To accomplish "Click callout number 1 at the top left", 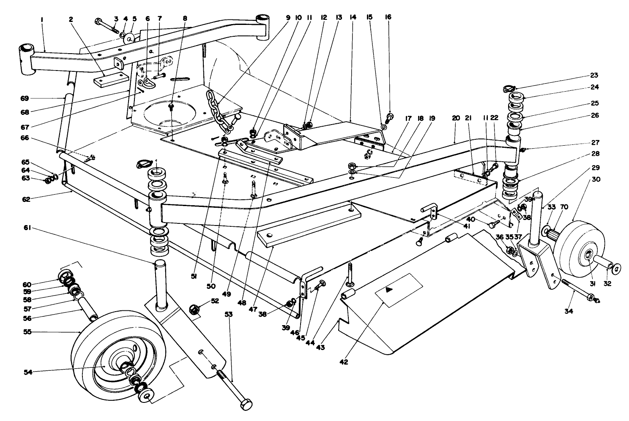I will click(42, 19).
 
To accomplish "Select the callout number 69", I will click(24, 98).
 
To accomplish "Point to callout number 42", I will click(344, 361).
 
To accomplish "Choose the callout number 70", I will click(565, 207).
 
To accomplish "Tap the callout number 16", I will click(388, 17).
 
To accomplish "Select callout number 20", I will click(455, 119).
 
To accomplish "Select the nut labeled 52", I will click(194, 309).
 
